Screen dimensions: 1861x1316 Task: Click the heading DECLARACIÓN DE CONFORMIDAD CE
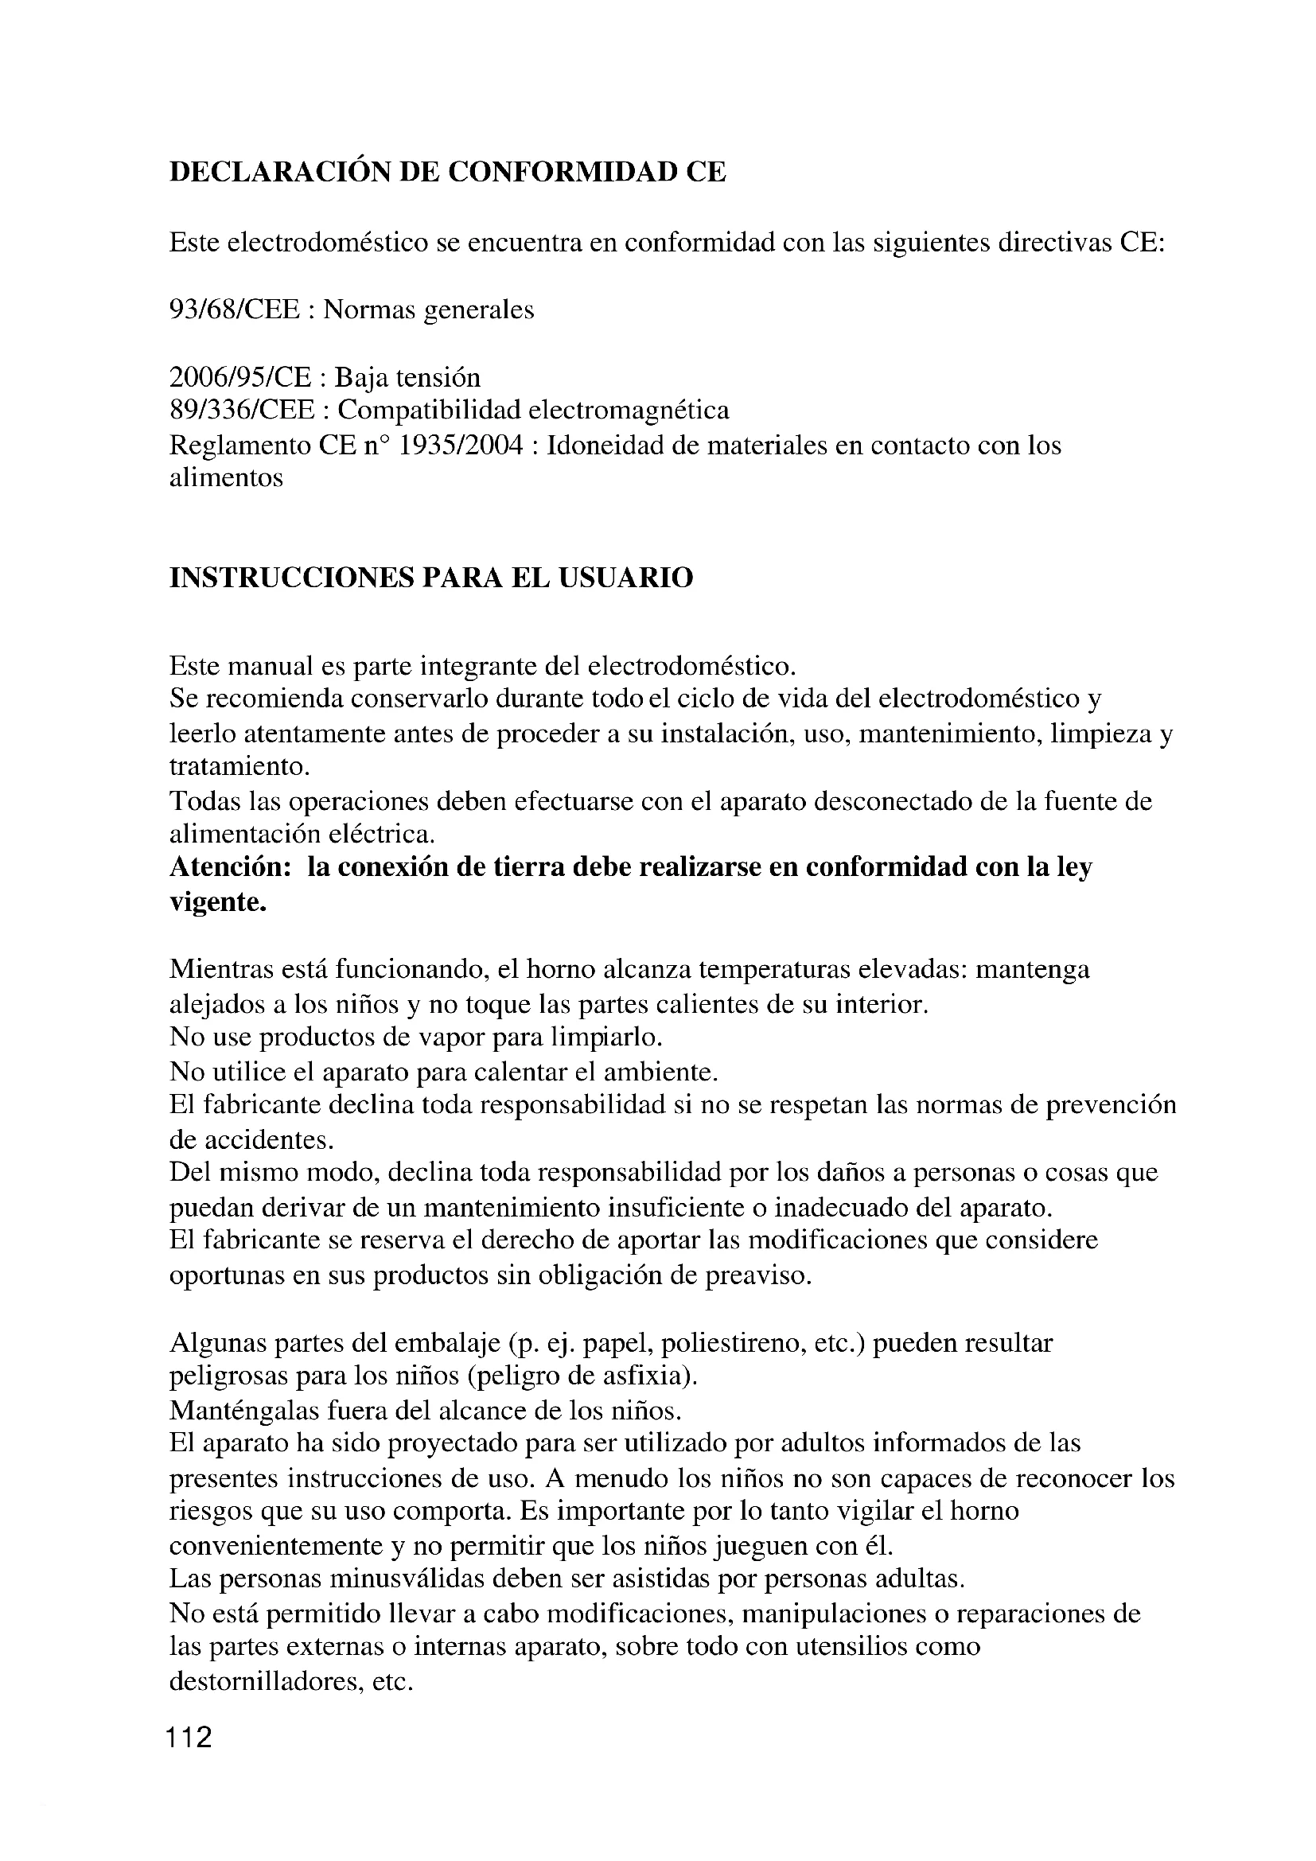point(447,173)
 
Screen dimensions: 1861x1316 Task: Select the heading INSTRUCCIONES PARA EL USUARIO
point(431,578)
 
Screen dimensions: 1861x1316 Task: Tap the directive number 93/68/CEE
point(234,310)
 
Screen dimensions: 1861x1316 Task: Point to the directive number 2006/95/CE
point(239,378)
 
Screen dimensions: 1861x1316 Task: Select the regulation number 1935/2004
point(460,446)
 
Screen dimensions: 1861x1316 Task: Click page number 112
point(189,1738)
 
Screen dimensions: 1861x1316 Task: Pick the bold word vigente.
point(218,902)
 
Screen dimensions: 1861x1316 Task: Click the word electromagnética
point(629,411)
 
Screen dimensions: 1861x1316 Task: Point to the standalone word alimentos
point(226,478)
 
